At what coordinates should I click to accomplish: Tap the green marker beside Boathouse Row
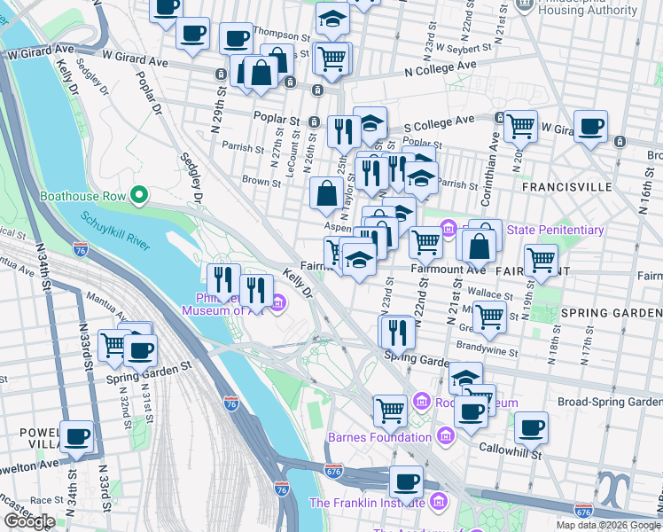pos(139,194)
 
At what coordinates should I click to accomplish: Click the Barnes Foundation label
pos(378,436)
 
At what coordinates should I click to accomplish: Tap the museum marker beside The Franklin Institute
pos(437,503)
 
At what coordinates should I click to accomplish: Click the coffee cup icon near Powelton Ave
pos(77,436)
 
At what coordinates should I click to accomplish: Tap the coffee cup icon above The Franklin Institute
pos(407,481)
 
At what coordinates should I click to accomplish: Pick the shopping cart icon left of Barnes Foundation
pos(390,410)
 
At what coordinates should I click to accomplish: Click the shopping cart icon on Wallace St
pos(488,315)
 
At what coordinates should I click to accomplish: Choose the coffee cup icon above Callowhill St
pos(532,427)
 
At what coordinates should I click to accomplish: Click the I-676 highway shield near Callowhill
pos(334,469)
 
